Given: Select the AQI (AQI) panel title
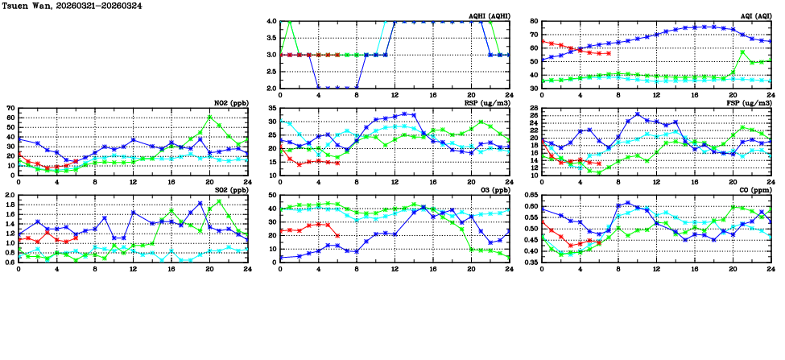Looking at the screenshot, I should click(x=757, y=15).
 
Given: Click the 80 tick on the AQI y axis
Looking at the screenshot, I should click(x=533, y=22).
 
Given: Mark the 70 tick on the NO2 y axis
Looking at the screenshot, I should click(x=10, y=108).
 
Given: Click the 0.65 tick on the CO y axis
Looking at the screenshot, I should click(x=530, y=195).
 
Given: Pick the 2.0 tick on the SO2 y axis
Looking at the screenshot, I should click(x=10, y=195).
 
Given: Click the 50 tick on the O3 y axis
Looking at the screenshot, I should click(x=272, y=195).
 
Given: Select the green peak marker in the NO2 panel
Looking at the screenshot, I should click(x=209, y=117).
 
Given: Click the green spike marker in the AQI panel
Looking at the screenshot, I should click(x=742, y=52).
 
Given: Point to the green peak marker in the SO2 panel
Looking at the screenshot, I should click(x=219, y=201).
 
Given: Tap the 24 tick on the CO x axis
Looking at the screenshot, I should click(x=771, y=268).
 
